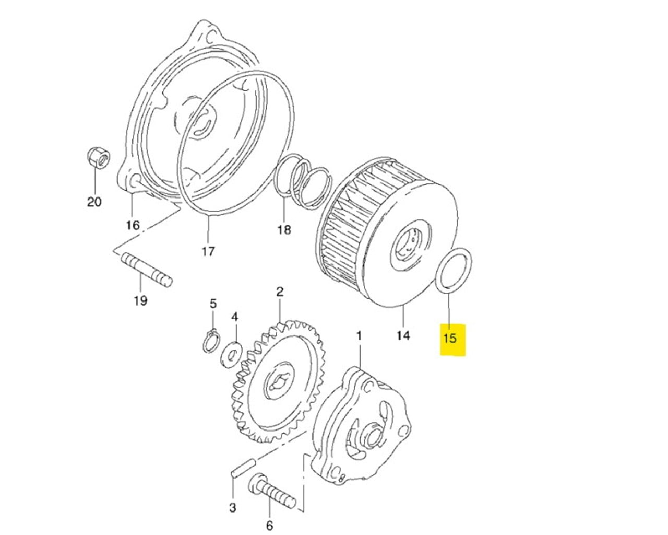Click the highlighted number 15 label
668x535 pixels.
tap(450, 338)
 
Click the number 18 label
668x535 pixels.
tap(284, 229)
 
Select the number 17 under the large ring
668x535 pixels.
tap(208, 252)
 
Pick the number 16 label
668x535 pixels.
tap(133, 225)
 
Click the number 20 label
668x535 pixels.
tap(94, 202)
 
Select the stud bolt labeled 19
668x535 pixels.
tap(147, 269)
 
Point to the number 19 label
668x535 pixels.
tap(140, 300)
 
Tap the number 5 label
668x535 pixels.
tap(212, 304)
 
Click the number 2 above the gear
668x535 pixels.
tap(280, 292)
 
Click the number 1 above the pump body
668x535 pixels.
tap(359, 335)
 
